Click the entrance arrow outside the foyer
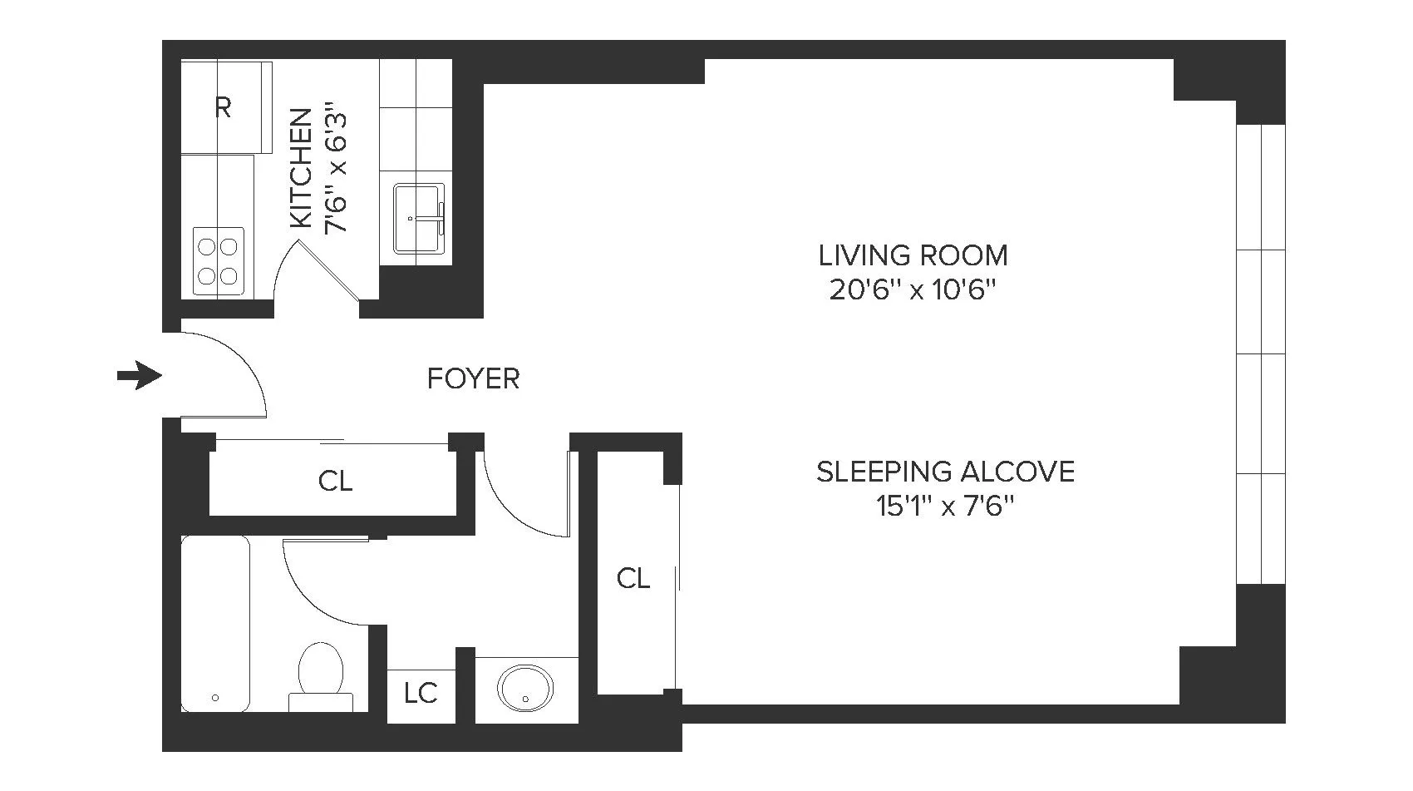tap(139, 376)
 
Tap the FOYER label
tap(473, 379)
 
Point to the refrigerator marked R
tap(223, 107)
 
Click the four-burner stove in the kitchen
tap(219, 260)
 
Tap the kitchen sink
tap(418, 219)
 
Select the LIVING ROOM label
tap(913, 255)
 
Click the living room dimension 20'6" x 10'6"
tap(913, 290)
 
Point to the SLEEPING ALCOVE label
tap(945, 472)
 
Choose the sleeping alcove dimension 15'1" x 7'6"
tap(945, 506)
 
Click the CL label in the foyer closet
tap(335, 481)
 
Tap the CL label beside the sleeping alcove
tap(633, 578)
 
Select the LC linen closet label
tap(421, 693)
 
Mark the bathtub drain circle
tap(215, 698)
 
